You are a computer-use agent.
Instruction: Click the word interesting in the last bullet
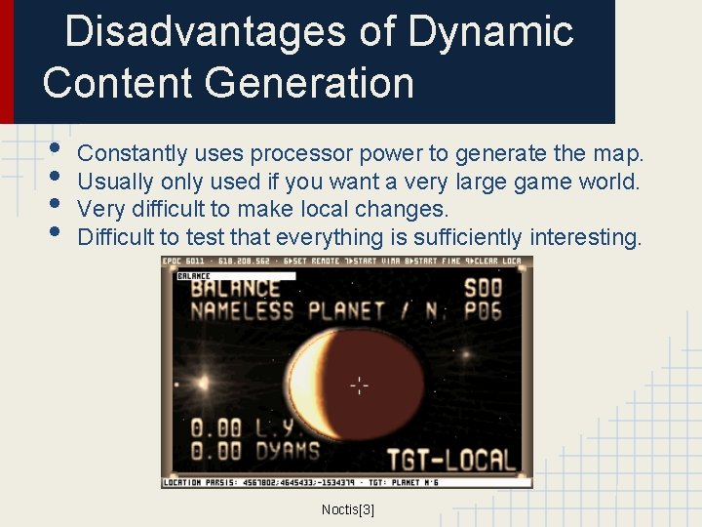click(x=585, y=237)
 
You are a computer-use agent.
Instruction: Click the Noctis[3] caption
click(x=348, y=509)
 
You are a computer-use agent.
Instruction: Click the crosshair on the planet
click(x=359, y=385)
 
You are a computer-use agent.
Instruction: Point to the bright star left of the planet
click(x=204, y=382)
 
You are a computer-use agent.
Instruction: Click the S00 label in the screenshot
click(x=484, y=289)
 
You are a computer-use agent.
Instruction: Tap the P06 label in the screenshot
click(x=485, y=312)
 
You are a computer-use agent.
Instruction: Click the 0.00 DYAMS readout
click(x=253, y=451)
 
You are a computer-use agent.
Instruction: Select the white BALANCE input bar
click(x=234, y=276)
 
